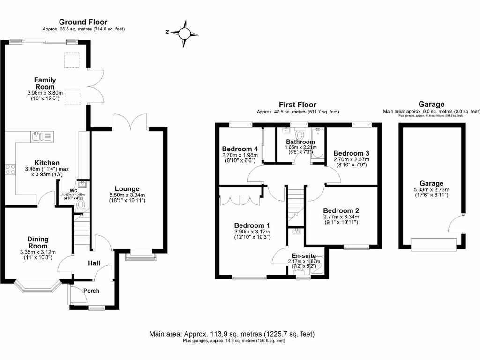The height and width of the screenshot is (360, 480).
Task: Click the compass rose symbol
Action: (185, 33)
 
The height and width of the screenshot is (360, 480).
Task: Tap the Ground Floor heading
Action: (83, 22)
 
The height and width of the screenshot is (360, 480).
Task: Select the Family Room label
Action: (45, 83)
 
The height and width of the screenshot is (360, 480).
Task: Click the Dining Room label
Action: (38, 242)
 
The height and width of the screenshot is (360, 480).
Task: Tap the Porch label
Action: (91, 291)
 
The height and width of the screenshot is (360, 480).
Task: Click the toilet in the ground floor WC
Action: (80, 204)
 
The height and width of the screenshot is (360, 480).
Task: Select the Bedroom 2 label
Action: (341, 210)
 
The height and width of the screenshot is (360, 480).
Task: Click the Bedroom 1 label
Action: (252, 225)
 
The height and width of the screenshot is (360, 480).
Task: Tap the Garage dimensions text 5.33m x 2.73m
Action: (431, 189)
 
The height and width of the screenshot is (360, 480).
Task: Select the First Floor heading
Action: (297, 105)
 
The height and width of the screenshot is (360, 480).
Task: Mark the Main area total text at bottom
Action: (232, 334)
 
